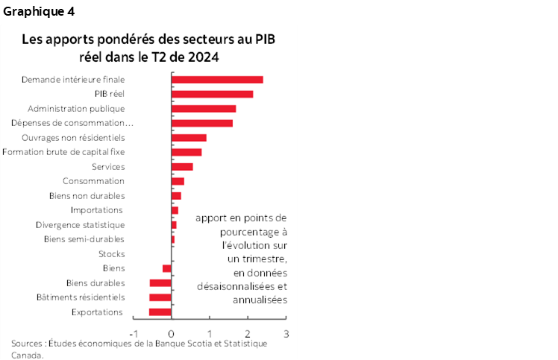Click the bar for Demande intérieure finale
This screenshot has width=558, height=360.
click(217, 79)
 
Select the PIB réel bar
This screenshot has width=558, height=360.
click(212, 94)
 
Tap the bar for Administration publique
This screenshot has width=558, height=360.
click(204, 109)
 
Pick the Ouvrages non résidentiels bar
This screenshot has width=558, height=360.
click(189, 138)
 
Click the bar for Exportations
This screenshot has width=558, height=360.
click(160, 312)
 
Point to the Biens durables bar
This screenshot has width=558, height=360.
click(160, 282)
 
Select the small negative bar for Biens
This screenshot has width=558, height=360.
click(167, 268)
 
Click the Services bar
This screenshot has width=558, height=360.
click(182, 167)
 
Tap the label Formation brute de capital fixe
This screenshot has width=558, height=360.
click(63, 152)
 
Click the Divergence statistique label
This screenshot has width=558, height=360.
click(80, 224)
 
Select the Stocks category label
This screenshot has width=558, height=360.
click(111, 253)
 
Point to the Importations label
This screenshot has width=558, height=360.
click(96, 210)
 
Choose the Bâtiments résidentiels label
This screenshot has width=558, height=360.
click(80, 297)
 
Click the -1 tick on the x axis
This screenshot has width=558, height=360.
click(133, 333)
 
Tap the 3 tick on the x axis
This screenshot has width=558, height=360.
click(286, 333)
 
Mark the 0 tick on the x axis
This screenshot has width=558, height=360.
click(172, 333)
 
